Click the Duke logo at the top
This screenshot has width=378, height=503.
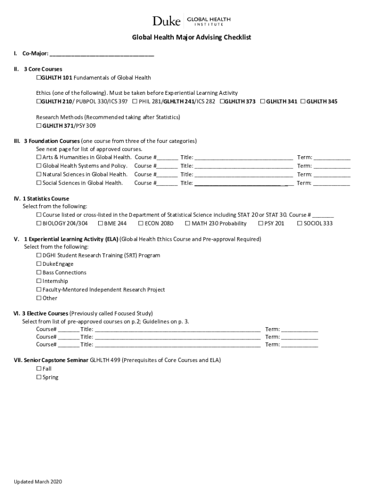(166, 21)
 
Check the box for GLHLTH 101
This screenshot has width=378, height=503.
(38, 78)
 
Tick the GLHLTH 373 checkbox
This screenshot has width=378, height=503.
(222, 101)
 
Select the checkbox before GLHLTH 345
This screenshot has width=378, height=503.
(303, 101)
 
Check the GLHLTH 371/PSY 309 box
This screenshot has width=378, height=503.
(39, 125)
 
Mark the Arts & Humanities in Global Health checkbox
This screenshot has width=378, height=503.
(39, 157)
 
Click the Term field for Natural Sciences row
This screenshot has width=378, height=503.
(332, 174)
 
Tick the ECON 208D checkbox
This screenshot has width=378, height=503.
(141, 224)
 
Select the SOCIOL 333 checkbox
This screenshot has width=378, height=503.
(300, 224)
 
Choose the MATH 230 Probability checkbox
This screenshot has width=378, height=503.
(188, 224)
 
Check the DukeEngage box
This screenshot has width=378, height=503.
(39, 264)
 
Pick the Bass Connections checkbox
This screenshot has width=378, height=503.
(39, 273)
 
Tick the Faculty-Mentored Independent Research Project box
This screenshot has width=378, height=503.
(39, 290)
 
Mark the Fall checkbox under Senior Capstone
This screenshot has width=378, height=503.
(39, 368)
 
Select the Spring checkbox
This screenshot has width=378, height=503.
(39, 377)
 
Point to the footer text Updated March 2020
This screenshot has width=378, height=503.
(38, 481)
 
